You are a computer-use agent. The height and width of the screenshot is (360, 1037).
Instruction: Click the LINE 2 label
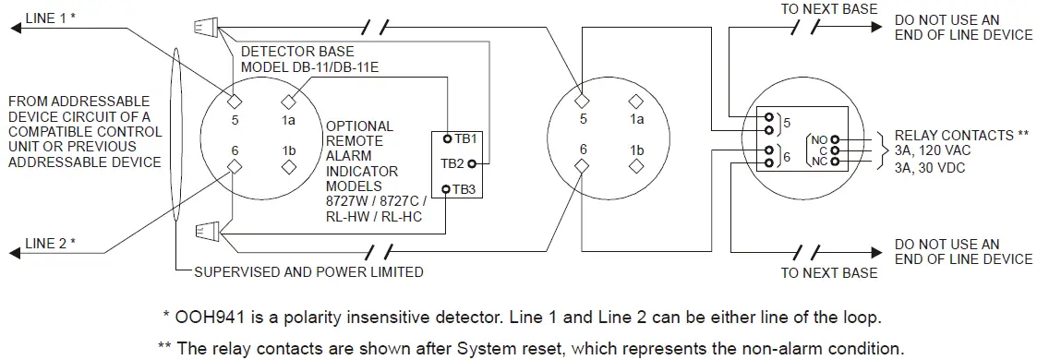point(51,244)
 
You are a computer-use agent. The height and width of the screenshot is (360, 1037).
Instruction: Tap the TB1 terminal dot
point(446,138)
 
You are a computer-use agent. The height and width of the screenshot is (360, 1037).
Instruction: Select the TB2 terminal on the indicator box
point(471,164)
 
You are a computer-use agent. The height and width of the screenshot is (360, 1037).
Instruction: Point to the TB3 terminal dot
point(446,189)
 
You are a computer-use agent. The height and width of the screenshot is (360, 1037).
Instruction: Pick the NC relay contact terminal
point(835,161)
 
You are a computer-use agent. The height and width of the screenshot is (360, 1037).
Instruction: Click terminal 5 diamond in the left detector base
point(235,101)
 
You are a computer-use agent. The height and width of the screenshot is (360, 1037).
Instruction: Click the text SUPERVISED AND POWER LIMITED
point(308,272)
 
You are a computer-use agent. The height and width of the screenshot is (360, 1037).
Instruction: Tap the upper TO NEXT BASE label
point(828,9)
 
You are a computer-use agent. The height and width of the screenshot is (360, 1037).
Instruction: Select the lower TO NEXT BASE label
point(828,273)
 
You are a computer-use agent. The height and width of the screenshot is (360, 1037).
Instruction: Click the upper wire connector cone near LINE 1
point(205,29)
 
